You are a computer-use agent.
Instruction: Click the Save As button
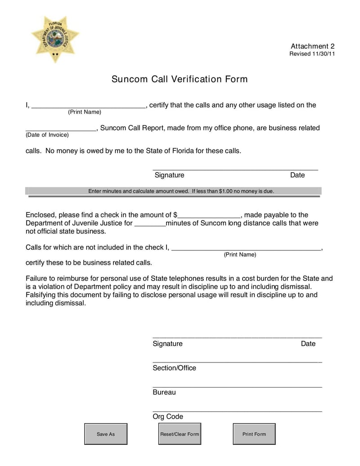tap(106, 434)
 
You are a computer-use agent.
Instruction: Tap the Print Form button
tap(254, 434)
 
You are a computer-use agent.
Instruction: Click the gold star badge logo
tap(55, 38)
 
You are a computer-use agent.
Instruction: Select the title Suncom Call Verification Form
tap(180, 79)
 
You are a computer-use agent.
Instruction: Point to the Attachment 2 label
tap(312, 46)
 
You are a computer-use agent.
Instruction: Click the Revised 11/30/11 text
tap(311, 54)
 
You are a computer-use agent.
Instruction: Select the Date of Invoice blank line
tap(61, 128)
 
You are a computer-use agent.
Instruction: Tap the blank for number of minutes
tap(150, 223)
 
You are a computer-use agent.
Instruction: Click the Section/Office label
tap(174, 368)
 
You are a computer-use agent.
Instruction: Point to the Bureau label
tap(164, 392)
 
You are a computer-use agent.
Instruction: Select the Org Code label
tap(168, 416)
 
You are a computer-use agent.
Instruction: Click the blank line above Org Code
tap(237, 410)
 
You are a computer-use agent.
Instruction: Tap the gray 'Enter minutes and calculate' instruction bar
tap(173, 191)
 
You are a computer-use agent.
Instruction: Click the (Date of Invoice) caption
tap(47, 135)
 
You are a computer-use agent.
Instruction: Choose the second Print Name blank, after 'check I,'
tap(247, 247)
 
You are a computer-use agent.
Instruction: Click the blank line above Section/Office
tap(237, 361)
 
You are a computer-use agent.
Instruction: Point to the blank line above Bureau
tap(237, 385)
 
